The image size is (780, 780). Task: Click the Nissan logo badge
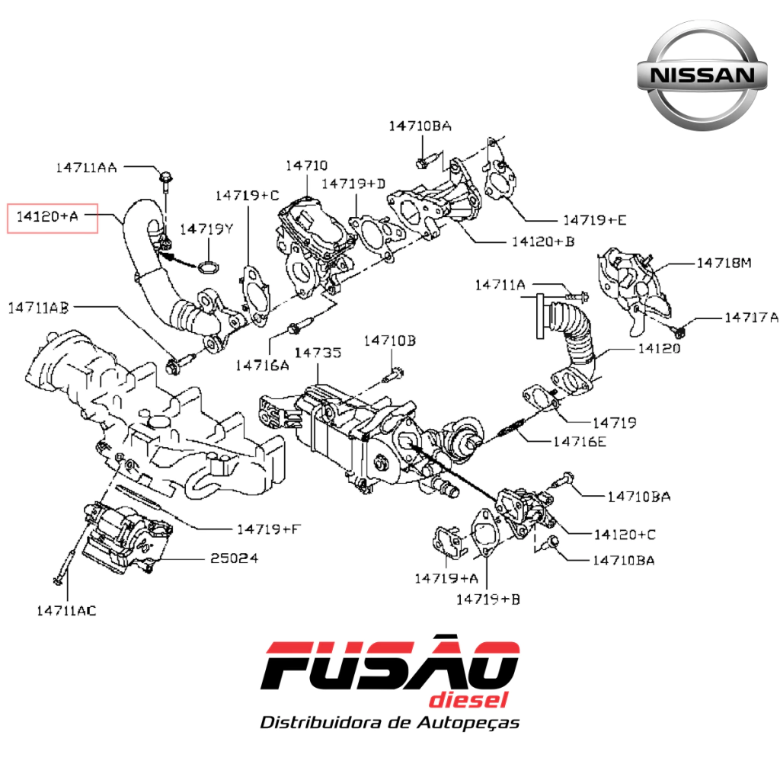pos(702,75)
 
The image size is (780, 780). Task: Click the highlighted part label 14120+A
pos(48,216)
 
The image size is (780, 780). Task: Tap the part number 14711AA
pos(86,168)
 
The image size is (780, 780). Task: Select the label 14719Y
pos(206,229)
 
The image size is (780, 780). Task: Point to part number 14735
pos(318,353)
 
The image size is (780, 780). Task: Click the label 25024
pos(234,558)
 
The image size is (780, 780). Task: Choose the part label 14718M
pos(724,263)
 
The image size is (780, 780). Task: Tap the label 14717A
pos(751,318)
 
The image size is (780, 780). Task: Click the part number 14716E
pos(580,442)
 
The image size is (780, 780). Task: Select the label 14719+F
pos(269,529)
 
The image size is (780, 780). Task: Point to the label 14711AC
pos(66,611)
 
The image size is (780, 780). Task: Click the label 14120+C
pos(625,535)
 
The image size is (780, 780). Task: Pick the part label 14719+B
pos(488,599)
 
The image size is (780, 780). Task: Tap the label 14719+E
pos(594,220)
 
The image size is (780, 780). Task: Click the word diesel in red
pos(468,700)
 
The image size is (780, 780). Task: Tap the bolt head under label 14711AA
pos(165,177)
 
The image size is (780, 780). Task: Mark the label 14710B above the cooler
pos(389,340)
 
